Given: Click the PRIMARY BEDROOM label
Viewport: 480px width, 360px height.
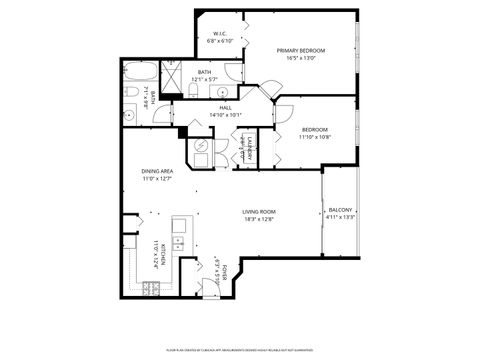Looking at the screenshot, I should click(x=301, y=50).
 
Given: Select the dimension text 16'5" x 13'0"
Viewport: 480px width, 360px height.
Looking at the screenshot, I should click(x=301, y=58).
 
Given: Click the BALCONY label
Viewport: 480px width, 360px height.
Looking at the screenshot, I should click(x=340, y=209).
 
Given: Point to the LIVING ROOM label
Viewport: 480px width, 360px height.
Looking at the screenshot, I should click(x=259, y=212).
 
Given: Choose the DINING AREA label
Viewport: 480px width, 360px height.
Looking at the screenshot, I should click(x=158, y=171).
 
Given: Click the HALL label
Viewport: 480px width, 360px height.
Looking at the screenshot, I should click(x=226, y=107).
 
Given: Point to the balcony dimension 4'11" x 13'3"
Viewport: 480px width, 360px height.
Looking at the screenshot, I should click(x=340, y=217).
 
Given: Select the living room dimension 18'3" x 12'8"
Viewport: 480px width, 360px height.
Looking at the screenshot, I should click(x=259, y=219).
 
